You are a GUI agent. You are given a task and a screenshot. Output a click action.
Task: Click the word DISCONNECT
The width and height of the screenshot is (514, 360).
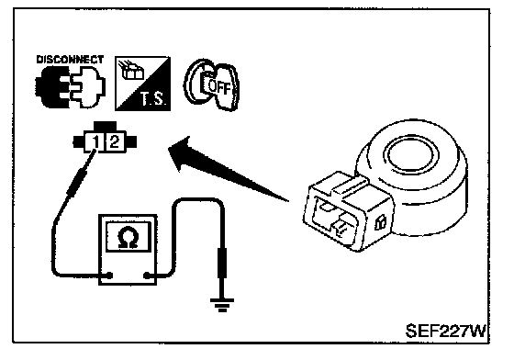pyautogui.click(x=70, y=60)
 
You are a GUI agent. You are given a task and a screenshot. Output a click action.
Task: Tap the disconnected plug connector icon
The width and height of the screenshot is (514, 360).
pyautogui.click(x=70, y=87)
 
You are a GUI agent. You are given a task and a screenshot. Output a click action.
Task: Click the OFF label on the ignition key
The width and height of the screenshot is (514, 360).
pyautogui.click(x=219, y=87)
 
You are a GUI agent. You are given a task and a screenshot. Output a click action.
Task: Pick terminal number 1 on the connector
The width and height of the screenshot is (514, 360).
pyautogui.click(x=95, y=142)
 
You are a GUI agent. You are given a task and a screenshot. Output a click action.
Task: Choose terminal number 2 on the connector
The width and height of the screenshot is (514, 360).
pyautogui.click(x=114, y=142)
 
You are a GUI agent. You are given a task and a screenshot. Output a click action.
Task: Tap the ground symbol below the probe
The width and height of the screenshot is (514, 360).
pyautogui.click(x=222, y=305)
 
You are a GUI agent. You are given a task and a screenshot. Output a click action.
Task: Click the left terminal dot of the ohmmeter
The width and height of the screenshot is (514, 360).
pyautogui.click(x=109, y=276)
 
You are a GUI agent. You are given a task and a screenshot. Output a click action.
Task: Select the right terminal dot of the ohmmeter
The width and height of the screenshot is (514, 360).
pyautogui.click(x=147, y=276)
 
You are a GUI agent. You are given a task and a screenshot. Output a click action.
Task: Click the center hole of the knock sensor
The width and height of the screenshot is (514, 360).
pyautogui.click(x=413, y=153)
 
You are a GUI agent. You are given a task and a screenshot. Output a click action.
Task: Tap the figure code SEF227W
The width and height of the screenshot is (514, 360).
pyautogui.click(x=445, y=331)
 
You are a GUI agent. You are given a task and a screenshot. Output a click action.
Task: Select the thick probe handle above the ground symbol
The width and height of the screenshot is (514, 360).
pyautogui.click(x=222, y=263)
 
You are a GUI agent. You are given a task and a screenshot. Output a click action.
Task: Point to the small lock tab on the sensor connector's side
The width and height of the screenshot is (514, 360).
pyautogui.click(x=380, y=223)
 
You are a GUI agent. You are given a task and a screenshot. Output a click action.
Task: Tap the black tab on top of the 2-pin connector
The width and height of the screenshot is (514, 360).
pyautogui.click(x=105, y=126)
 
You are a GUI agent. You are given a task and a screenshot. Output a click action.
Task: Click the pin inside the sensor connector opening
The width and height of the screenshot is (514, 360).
pyautogui.click(x=341, y=225)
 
